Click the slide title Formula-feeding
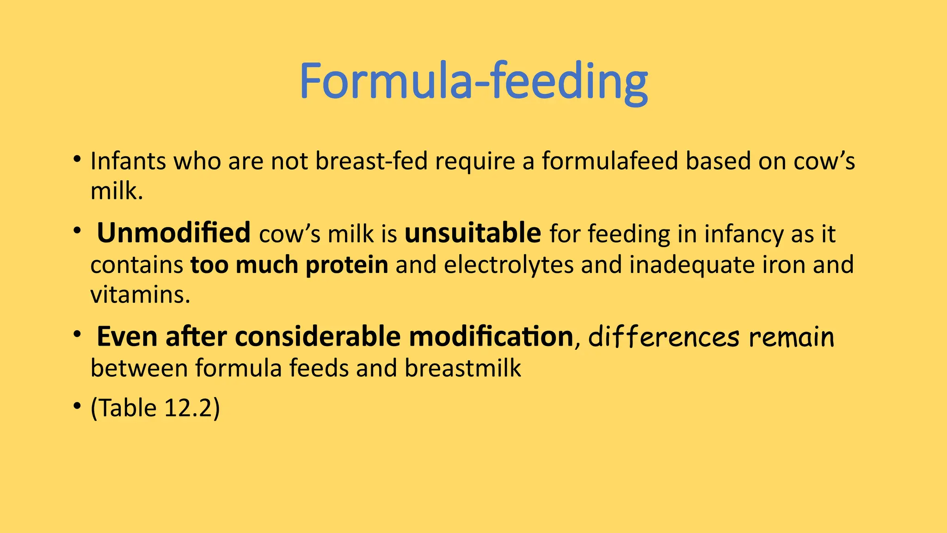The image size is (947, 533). pos(473,81)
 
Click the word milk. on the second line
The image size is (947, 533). pos(117,191)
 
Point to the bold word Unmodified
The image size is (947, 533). pos(173,233)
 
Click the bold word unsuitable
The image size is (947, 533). pos(473,233)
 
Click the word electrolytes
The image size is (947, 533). pos(508,265)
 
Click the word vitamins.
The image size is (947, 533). pos(140,295)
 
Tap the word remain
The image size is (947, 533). pos(791,337)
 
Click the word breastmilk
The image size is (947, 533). pos(463,368)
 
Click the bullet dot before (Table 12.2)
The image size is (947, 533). pos(77,407)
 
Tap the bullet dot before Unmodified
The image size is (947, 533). pos(77,230)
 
